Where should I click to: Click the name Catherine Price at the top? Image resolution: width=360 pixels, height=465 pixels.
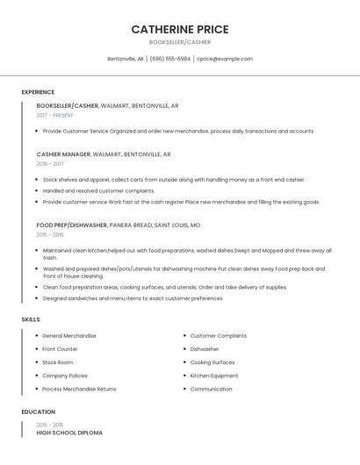tap(180, 29)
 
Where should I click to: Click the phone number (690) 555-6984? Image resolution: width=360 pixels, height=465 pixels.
tap(169, 59)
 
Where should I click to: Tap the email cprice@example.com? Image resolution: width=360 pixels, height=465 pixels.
tap(225, 59)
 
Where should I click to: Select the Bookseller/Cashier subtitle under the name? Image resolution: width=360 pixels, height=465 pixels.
tap(180, 42)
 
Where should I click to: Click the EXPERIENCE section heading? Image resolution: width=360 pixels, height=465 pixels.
tap(38, 92)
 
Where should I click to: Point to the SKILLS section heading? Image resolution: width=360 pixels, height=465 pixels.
tap(31, 319)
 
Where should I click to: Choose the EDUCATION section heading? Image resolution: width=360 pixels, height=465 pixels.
tap(39, 411)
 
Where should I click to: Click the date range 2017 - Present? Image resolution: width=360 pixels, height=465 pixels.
tap(55, 115)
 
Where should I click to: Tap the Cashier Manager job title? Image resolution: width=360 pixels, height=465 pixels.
tap(63, 154)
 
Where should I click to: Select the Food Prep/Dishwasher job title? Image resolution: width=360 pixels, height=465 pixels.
tap(72, 225)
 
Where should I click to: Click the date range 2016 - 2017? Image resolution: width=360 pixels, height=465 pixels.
tap(50, 164)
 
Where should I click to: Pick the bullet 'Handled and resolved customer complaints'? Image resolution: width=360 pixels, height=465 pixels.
tap(98, 190)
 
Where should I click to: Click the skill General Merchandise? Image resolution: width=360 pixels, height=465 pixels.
tap(69, 335)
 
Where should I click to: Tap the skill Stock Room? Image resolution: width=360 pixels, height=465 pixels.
tap(58, 361)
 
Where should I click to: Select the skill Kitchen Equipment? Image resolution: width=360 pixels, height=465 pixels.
tap(214, 376)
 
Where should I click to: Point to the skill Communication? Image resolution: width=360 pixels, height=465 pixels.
tap(211, 389)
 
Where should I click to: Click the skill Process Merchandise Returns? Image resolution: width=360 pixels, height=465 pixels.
tap(79, 389)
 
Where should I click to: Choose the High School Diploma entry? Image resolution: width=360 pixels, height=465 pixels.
tap(69, 433)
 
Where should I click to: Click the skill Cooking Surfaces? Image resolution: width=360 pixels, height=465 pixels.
tap(212, 361)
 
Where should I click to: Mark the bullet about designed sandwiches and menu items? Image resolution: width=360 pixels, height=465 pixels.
tap(133, 298)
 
